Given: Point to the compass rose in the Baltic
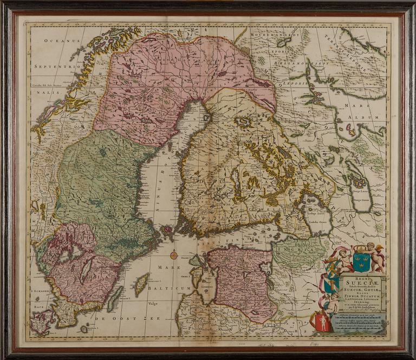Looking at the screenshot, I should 174,255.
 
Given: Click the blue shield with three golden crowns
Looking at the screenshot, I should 361,261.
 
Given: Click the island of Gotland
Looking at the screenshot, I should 142,284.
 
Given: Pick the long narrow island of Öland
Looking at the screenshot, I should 115,298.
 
